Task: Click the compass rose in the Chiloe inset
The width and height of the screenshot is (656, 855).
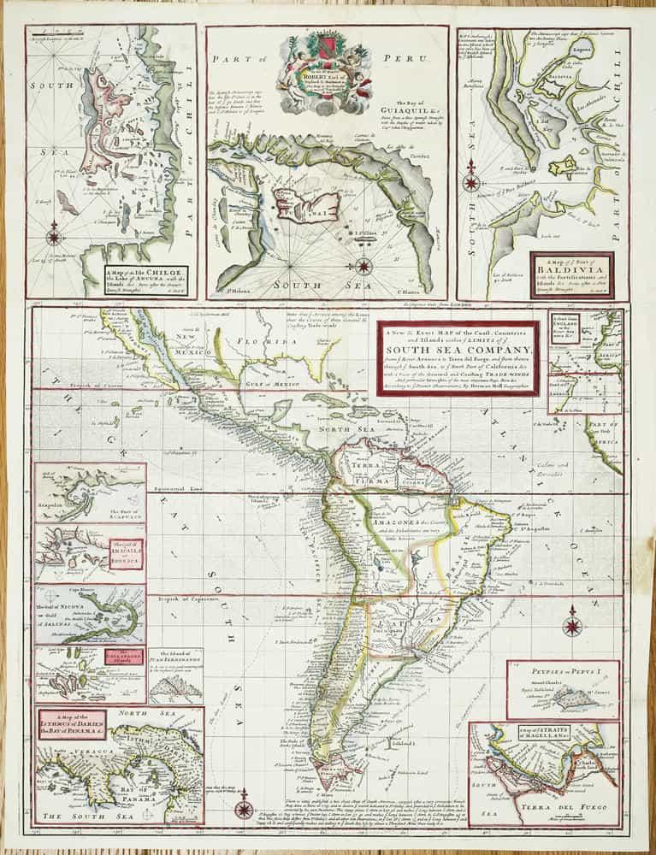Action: point(54,232)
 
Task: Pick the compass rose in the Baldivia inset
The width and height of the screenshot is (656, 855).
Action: point(470,183)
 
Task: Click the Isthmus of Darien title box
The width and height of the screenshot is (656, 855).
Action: point(68,727)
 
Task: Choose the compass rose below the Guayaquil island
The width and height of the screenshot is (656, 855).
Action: point(363,265)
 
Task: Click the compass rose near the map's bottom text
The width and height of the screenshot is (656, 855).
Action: point(245,808)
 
